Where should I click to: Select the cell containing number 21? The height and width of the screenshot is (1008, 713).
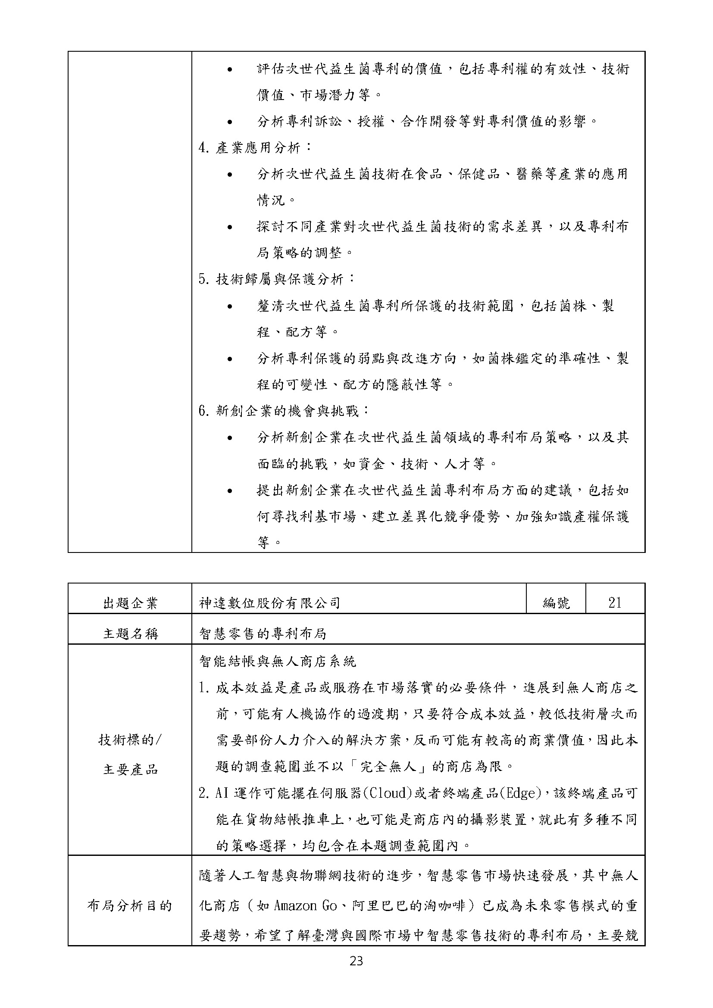point(615,602)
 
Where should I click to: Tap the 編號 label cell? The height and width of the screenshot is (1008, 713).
point(556,603)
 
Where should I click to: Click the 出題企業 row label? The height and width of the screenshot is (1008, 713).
point(130,603)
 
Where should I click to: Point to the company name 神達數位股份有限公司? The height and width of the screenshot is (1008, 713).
point(269,603)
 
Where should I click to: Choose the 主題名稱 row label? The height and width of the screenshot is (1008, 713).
point(130,633)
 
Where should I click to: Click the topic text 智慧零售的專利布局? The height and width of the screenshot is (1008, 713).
point(263,633)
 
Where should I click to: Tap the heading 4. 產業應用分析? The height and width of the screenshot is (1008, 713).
point(255,147)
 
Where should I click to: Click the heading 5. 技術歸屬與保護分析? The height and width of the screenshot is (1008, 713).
point(277,279)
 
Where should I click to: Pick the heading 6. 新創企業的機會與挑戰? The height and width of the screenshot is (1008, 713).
point(284,411)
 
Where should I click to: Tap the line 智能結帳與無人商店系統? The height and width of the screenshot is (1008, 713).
point(278,661)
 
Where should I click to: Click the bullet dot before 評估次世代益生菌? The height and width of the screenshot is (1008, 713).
point(230,69)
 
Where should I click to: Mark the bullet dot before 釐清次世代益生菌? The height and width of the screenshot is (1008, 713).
point(230,306)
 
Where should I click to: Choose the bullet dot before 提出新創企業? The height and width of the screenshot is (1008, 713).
point(230,491)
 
